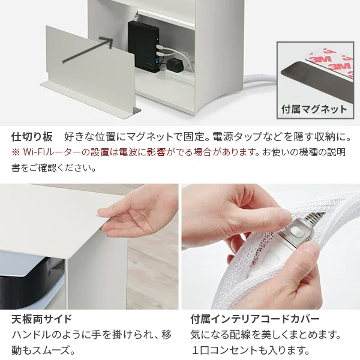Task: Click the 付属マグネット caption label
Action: point(314,109)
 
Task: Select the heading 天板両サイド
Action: point(41,318)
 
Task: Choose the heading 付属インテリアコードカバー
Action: point(254,318)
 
